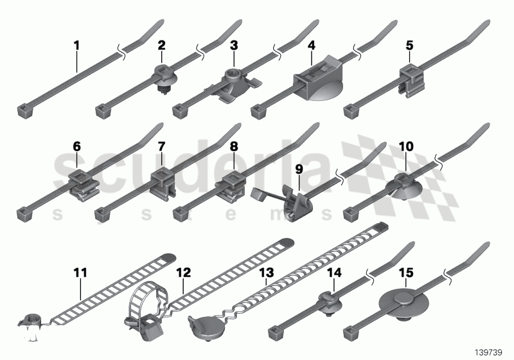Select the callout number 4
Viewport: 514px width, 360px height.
[x=311, y=46]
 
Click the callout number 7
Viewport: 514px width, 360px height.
[x=162, y=147]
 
